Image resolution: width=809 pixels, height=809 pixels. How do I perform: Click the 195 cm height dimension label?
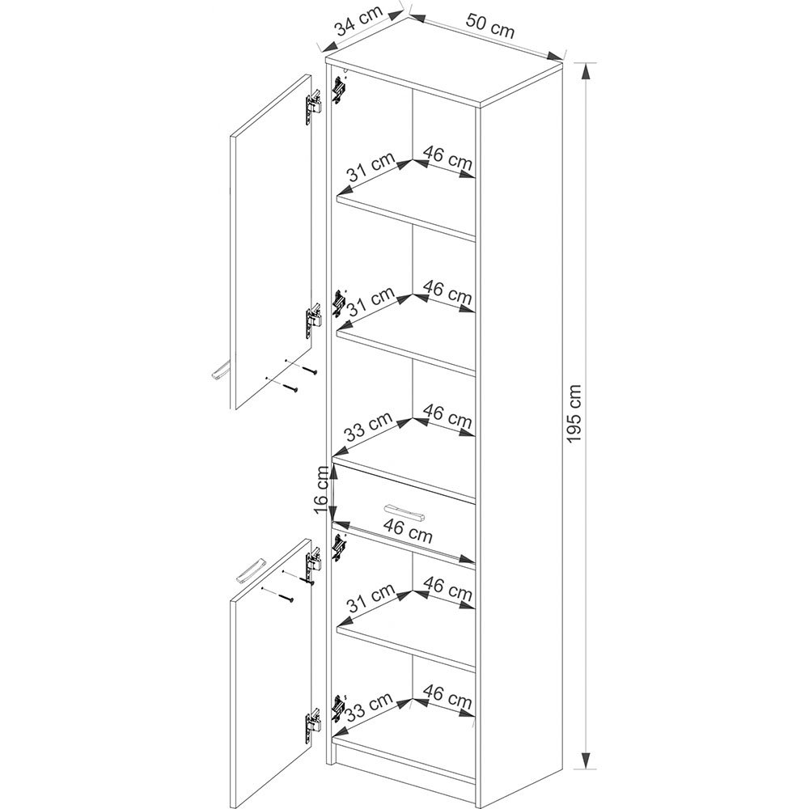[x=574, y=413]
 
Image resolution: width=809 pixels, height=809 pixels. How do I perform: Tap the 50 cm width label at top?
[x=490, y=26]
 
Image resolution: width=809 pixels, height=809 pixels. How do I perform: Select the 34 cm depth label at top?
[x=359, y=21]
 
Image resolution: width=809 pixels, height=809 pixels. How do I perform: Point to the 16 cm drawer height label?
[x=321, y=489]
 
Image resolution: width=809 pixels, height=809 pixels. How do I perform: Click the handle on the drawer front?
[x=405, y=513]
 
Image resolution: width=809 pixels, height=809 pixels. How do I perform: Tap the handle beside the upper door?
[x=220, y=370]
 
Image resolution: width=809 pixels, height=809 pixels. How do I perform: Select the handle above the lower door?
[x=250, y=570]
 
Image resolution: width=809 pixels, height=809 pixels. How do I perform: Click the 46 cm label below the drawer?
[x=408, y=531]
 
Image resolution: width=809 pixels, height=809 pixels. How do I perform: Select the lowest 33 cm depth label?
[x=369, y=707]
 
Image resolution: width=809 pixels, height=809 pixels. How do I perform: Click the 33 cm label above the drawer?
[x=369, y=426]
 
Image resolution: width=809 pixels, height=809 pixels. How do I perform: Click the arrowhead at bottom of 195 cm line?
[x=585, y=760]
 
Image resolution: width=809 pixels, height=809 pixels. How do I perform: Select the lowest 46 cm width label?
[x=448, y=697]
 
